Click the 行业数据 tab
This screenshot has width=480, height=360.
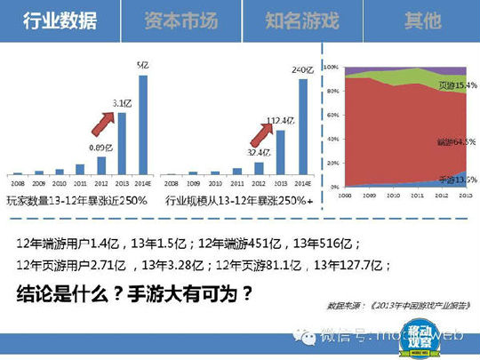pos(60,20)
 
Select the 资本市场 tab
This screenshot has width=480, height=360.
pos(180,20)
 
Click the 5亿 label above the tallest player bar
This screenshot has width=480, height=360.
pos(142,65)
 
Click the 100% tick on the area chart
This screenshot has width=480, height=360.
pos(329,68)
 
